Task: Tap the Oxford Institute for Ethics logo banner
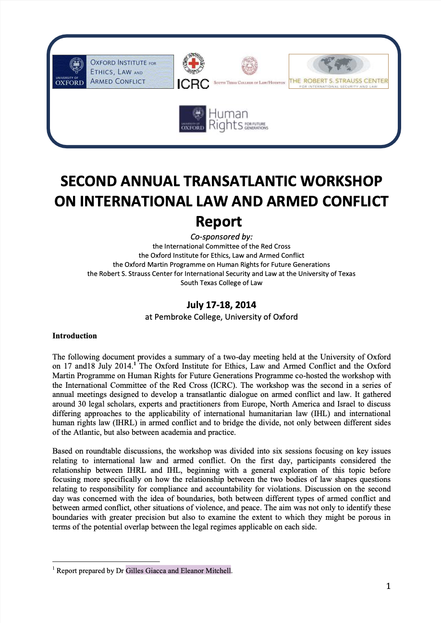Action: point(113,72)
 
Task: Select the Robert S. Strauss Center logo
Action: point(338,72)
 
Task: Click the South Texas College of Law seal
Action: point(249,65)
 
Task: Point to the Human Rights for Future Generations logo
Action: point(224,120)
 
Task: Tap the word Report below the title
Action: point(219,222)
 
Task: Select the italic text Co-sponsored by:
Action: point(221,236)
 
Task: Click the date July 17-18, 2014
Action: point(221,305)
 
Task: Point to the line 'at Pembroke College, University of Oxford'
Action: point(221,317)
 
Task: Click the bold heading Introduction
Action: point(74,336)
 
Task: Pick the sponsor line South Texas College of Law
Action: point(221,283)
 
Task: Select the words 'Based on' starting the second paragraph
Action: point(65,451)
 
